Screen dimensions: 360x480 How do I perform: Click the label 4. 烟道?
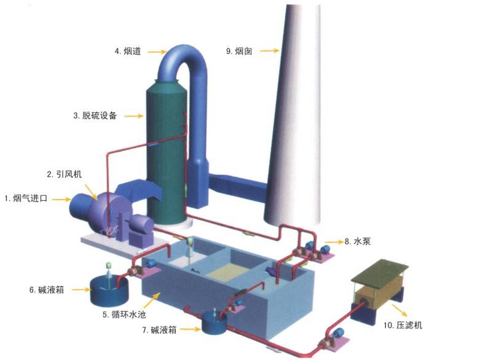(x=128, y=52)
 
